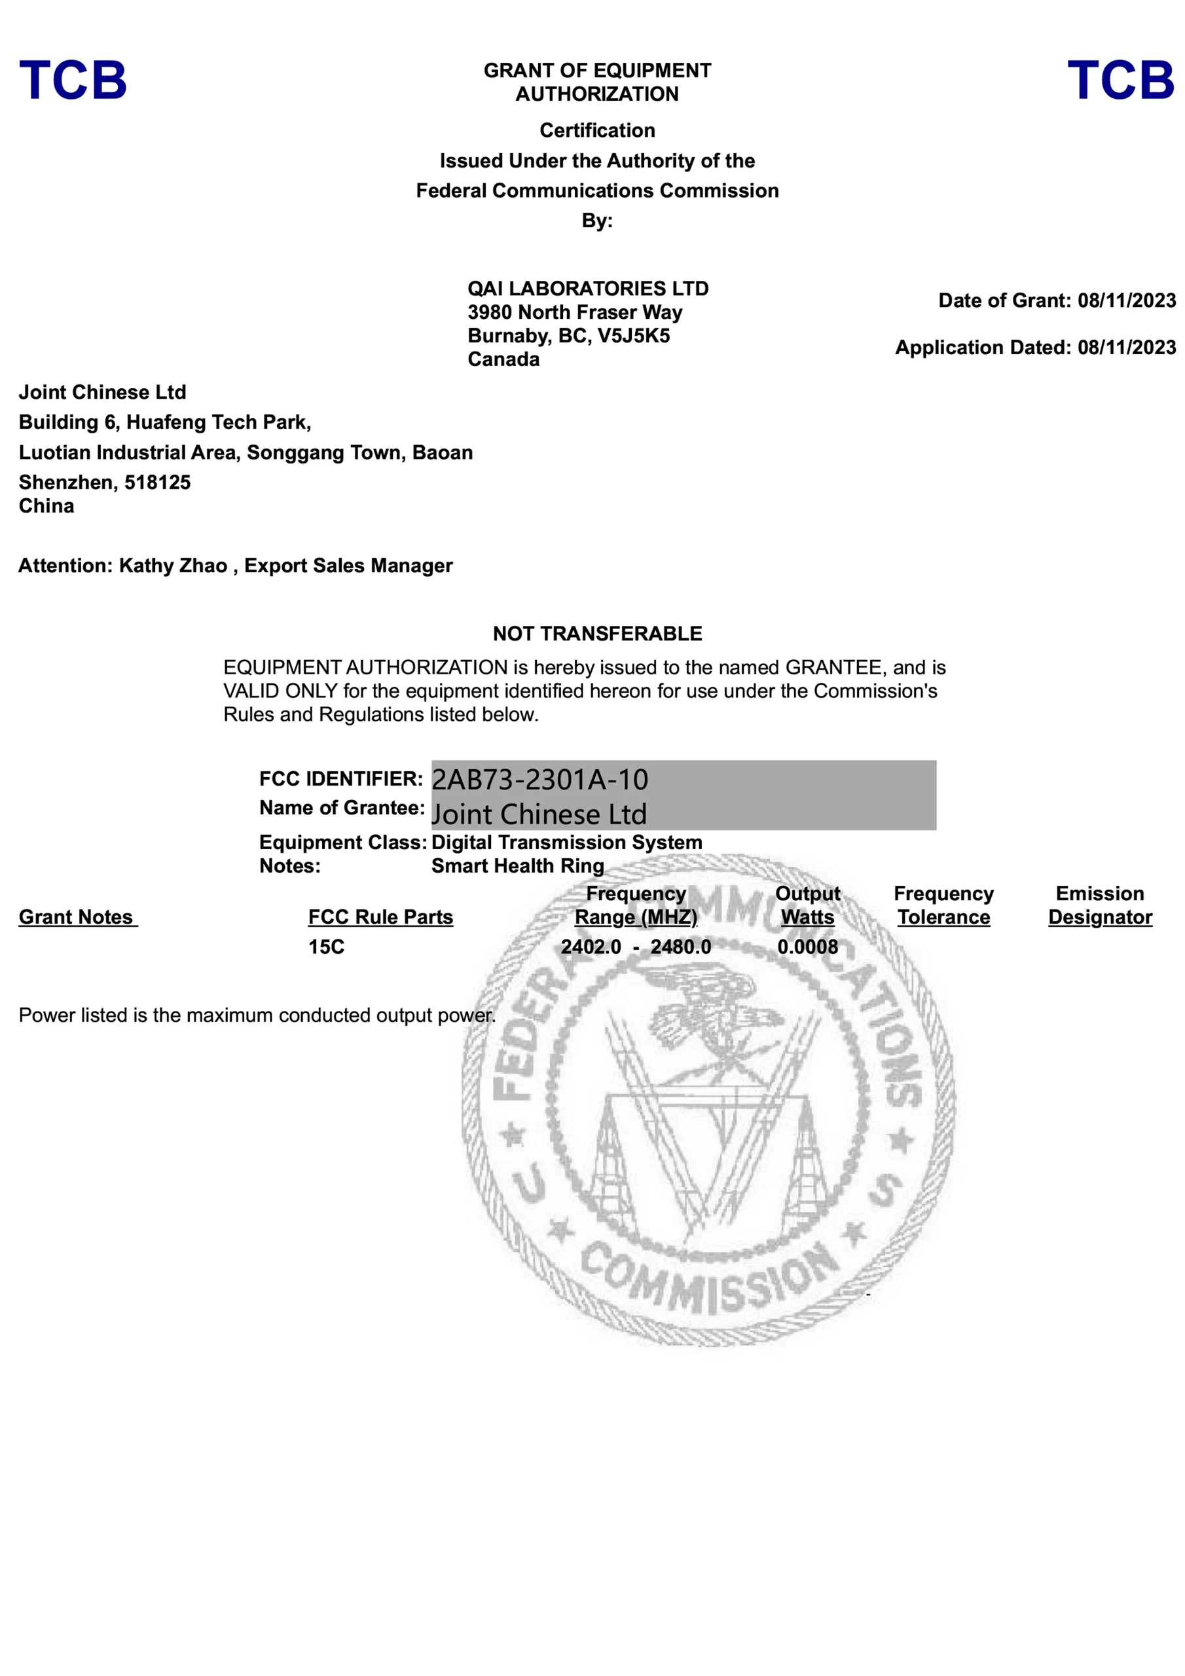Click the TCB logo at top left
73,81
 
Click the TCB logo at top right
1120,81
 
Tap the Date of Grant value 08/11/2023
1126,301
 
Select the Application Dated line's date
1126,348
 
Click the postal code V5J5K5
634,336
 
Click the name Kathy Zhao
173,566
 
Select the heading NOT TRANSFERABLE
597,634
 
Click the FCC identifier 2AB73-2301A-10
539,780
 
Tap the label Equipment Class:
342,843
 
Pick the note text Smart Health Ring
518,865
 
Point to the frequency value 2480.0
680,947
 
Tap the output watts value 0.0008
807,947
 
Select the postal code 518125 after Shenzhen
157,483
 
